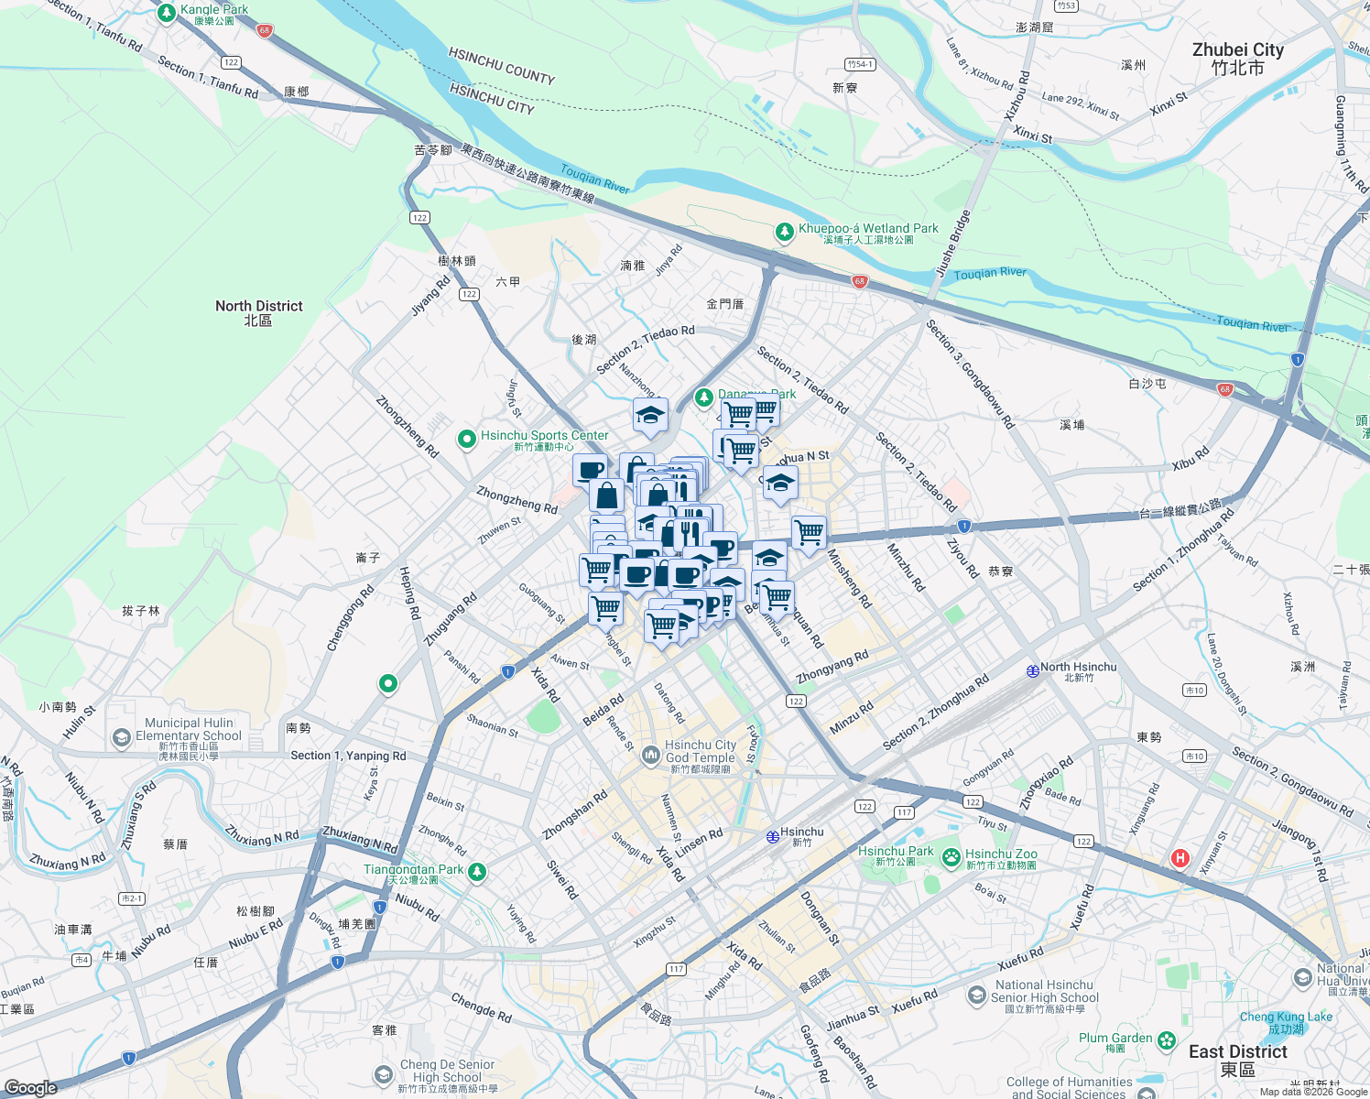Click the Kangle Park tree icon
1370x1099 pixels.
[166, 13]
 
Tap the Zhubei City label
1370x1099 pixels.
[1237, 59]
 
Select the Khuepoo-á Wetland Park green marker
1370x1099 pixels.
[784, 233]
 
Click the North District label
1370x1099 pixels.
[258, 312]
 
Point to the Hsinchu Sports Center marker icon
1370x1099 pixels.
[466, 440]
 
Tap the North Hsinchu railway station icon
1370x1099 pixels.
[1032, 670]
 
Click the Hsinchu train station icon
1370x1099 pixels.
[773, 836]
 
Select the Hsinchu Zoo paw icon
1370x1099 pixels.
[951, 858]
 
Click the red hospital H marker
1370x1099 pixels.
[1180, 858]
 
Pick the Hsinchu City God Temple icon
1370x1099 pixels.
[650, 755]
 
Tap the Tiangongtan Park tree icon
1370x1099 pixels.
[476, 873]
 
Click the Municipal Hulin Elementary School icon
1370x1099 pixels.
[121, 737]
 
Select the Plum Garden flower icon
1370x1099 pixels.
[1166, 1040]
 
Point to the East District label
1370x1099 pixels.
[1237, 1060]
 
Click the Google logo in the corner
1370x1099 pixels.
[30, 1087]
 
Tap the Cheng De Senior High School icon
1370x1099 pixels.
[384, 1074]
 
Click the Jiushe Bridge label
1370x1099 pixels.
[952, 243]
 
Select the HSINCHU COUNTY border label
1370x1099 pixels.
[501, 66]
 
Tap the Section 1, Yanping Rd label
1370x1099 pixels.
[348, 756]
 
